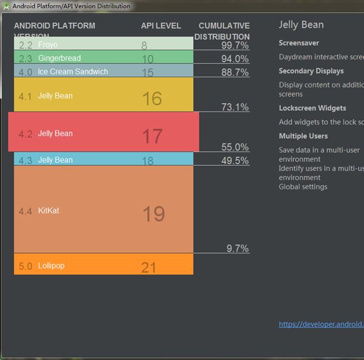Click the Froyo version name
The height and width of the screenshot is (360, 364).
[48, 45]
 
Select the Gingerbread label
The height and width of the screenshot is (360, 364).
[59, 58]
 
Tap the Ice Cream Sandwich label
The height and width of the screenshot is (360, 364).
[73, 72]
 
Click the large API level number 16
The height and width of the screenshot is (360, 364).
[152, 99]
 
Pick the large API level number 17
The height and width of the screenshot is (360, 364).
[152, 135]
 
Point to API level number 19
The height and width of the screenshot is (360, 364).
[153, 214]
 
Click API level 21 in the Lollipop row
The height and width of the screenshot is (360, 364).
[148, 267]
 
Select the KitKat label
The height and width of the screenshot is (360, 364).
[48, 211]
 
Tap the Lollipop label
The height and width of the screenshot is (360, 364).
[51, 266]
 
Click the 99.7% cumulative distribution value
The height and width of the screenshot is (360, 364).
[235, 45]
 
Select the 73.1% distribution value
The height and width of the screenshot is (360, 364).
[235, 107]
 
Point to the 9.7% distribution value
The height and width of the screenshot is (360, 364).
[237, 249]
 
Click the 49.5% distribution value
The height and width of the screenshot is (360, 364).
[235, 161]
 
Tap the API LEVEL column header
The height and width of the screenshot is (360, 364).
[161, 26]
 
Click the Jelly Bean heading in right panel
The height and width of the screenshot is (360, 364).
[301, 25]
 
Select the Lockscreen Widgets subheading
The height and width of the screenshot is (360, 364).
[312, 108]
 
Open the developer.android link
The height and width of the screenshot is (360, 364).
[321, 324]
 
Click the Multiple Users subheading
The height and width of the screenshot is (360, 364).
[303, 136]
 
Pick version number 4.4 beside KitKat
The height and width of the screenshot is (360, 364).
[25, 212]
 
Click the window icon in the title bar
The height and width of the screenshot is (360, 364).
[6, 6]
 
